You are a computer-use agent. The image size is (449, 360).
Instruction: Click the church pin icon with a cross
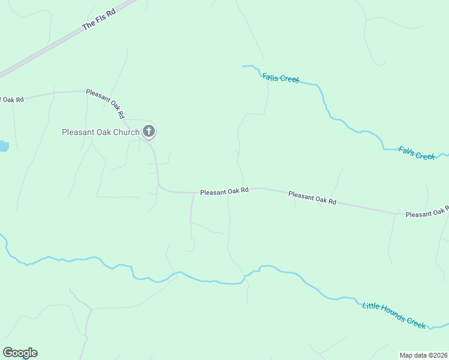pos(148,131)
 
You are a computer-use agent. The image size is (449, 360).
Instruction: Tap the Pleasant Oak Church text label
pos(100,132)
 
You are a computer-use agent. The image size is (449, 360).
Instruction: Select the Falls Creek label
pos(280,78)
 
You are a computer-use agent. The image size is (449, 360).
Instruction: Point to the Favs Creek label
pos(417,153)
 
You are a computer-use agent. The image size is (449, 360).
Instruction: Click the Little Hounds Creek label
pos(394,314)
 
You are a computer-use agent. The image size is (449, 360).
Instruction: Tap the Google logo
pos(20,353)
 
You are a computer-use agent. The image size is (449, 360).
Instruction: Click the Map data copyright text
pos(424,355)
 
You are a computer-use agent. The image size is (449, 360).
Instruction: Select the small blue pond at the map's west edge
pos(3,146)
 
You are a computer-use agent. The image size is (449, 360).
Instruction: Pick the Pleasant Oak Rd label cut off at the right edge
pos(426,212)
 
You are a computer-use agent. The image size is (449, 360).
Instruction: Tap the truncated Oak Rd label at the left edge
pos(11,99)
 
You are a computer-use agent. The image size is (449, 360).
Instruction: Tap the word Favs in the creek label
pos(406,150)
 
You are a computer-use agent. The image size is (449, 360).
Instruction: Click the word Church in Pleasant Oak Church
pos(128,132)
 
